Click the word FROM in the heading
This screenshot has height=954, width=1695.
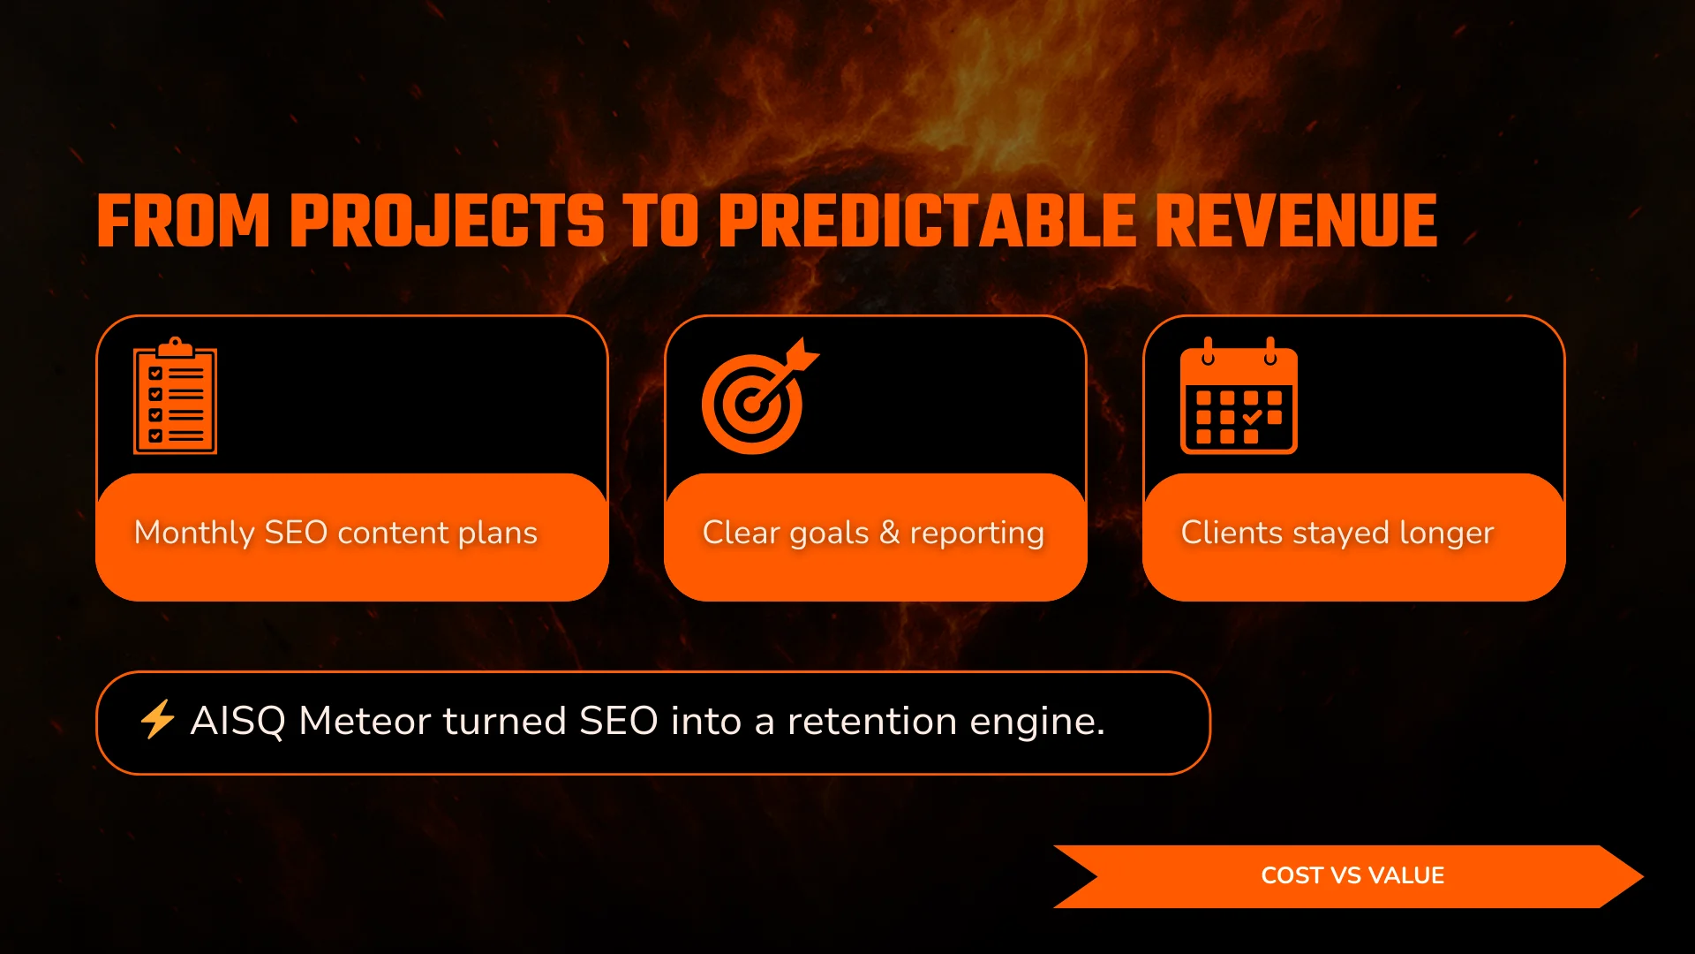click(183, 221)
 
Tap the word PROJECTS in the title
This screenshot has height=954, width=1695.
click(447, 221)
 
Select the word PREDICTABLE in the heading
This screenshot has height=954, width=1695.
click(928, 221)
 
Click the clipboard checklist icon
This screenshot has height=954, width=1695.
click(175, 396)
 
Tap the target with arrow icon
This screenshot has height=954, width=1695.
click(760, 396)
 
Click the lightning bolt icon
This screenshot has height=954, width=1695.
click(158, 719)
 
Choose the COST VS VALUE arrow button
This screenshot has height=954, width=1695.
click(1348, 876)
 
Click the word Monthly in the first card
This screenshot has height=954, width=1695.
click(194, 534)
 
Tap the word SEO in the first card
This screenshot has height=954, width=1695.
click(296, 533)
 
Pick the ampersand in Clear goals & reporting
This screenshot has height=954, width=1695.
click(889, 533)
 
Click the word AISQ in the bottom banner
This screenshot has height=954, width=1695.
click(237, 722)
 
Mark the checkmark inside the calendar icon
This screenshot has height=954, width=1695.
click(1253, 417)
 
